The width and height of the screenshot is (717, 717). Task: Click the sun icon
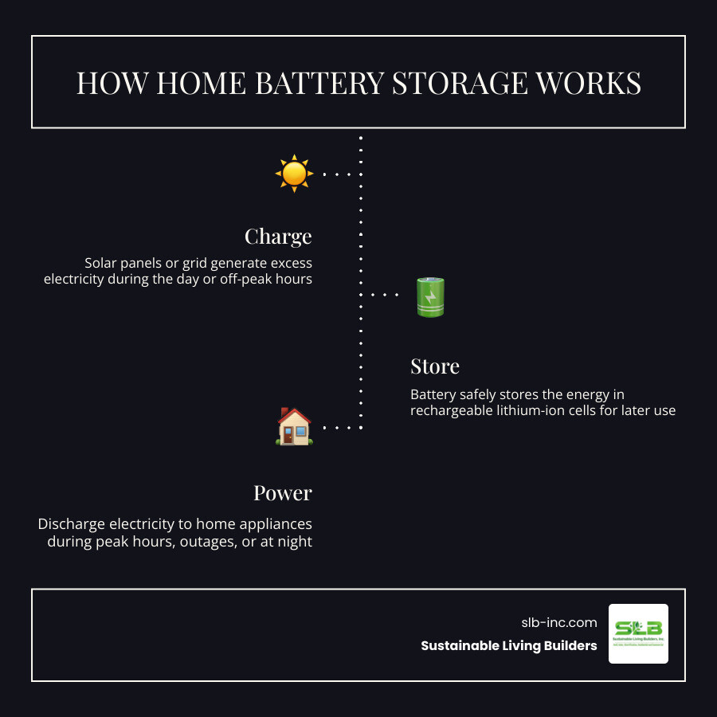[x=293, y=173]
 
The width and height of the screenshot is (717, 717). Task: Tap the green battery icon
[x=430, y=296]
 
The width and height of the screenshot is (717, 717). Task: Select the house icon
[x=293, y=426]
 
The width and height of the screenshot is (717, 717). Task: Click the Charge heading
[x=278, y=237]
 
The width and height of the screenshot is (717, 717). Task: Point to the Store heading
[x=435, y=366]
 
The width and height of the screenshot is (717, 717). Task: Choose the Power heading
[x=283, y=493]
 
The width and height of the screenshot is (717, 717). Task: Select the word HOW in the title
[x=105, y=84]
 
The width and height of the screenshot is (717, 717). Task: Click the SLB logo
[x=638, y=633]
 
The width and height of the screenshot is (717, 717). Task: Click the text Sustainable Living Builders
[x=509, y=646]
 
